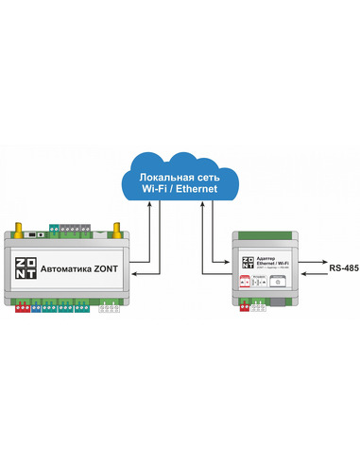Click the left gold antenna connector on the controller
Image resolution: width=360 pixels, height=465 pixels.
point(17,229)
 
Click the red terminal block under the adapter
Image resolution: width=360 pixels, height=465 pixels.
point(249,304)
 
